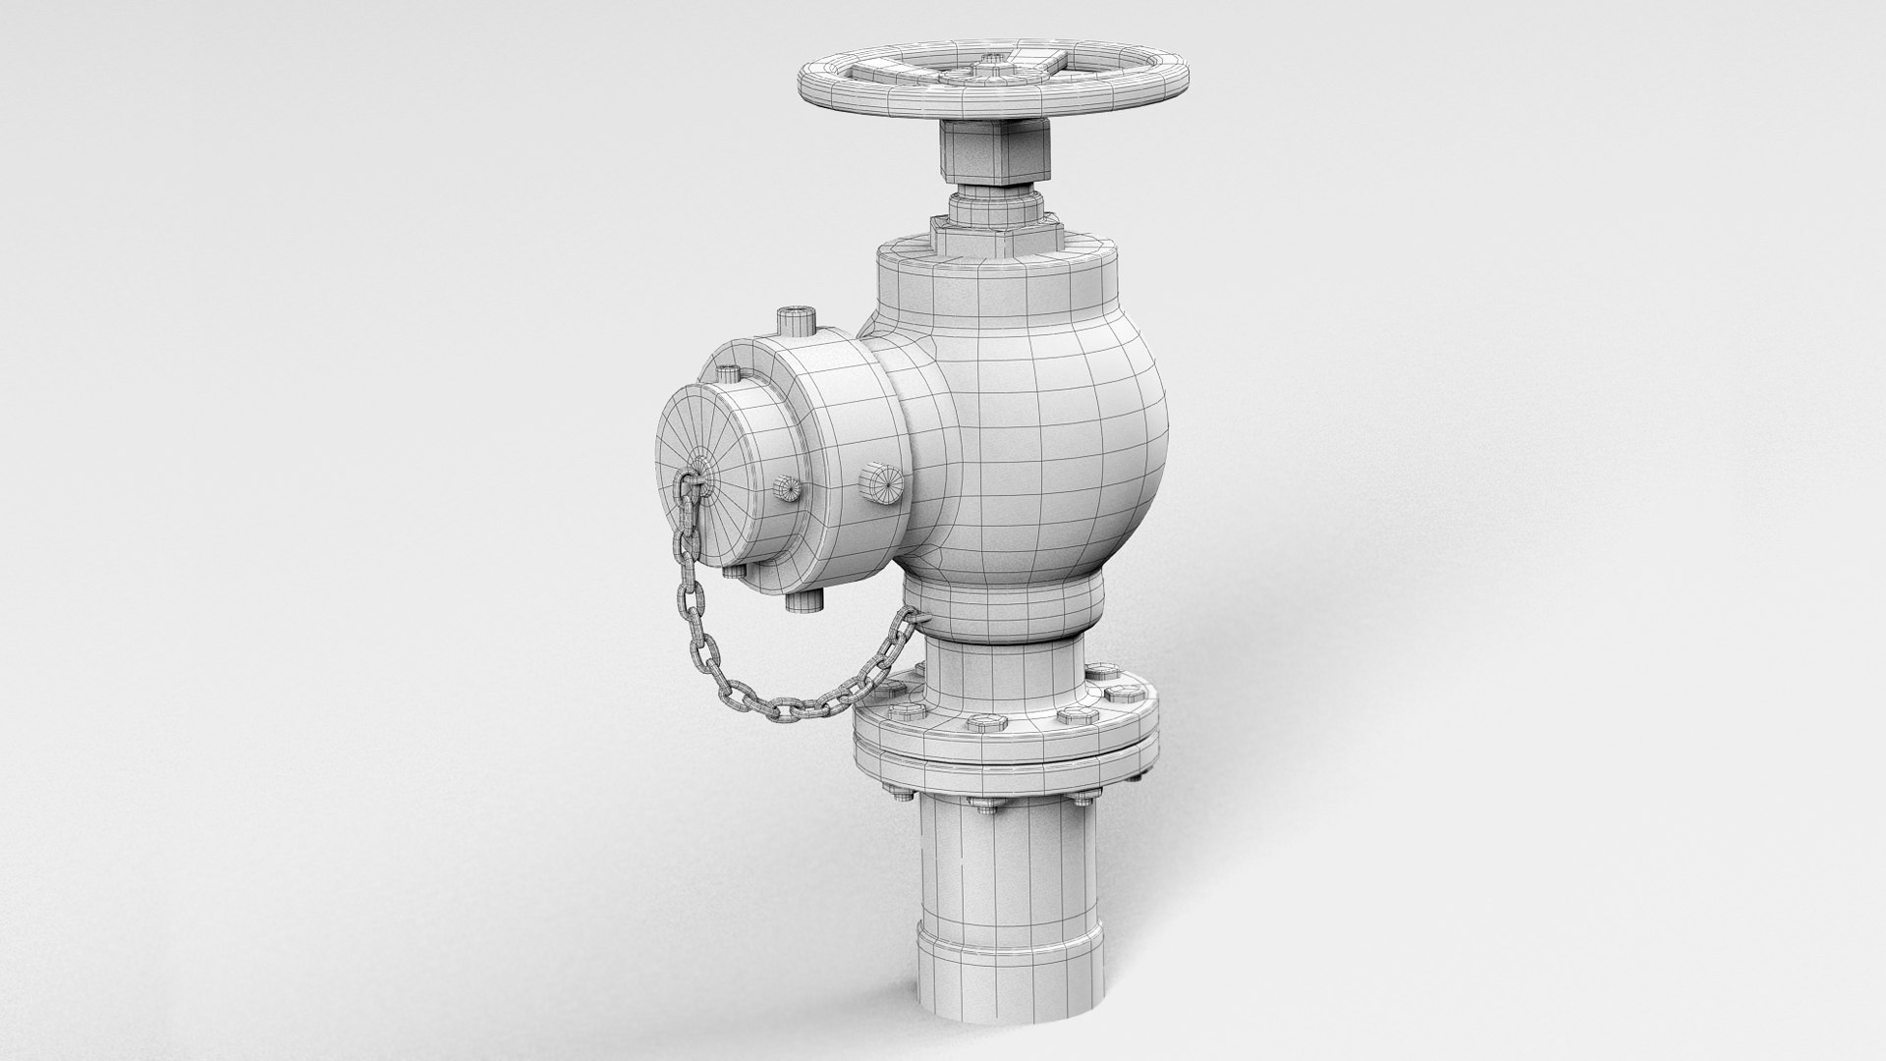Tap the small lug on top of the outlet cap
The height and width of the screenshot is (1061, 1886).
click(728, 374)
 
